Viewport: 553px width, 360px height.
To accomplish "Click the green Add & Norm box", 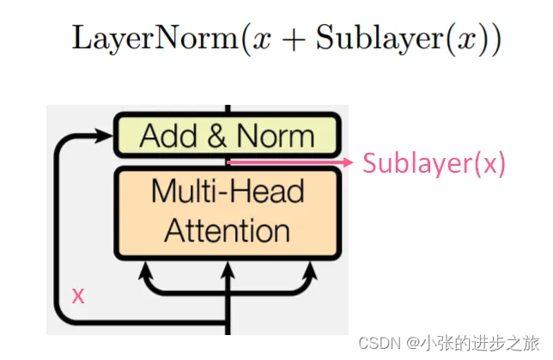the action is tap(228, 136).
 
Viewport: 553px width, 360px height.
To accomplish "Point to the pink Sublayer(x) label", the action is tap(434, 162).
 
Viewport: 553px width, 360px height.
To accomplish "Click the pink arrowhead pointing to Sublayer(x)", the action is tap(347, 162).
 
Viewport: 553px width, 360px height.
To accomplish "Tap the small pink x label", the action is tap(78, 296).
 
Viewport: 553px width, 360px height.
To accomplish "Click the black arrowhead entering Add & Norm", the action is tap(107, 135).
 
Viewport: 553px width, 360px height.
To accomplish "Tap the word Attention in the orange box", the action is tap(228, 229).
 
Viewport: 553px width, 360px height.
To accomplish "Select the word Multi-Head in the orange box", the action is tap(228, 190).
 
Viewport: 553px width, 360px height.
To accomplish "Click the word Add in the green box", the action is tap(169, 136).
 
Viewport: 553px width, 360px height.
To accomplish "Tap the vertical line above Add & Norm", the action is tap(228, 110).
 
